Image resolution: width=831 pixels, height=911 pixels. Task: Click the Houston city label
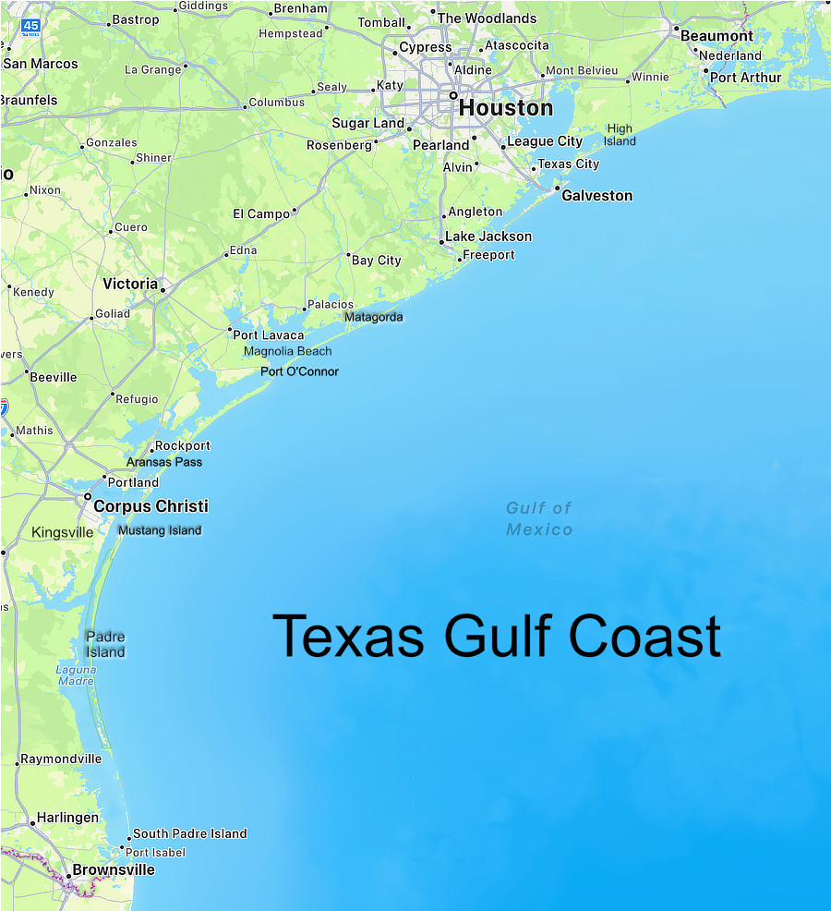tap(506, 108)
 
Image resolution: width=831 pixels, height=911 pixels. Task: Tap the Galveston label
tap(597, 196)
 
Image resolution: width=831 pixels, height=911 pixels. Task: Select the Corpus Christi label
tap(151, 506)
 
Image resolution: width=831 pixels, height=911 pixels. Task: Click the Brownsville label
tap(114, 870)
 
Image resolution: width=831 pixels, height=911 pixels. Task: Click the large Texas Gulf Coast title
tap(497, 637)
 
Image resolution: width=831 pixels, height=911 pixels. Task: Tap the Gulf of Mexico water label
tap(539, 519)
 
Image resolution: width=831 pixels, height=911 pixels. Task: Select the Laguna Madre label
tap(76, 675)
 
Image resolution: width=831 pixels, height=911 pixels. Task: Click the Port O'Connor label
tap(299, 371)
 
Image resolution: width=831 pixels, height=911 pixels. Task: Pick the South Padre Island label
tap(190, 833)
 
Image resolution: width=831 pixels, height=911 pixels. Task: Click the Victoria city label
tap(130, 284)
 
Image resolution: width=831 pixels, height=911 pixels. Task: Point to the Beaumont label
tap(717, 36)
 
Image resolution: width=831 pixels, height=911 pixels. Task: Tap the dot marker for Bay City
tap(349, 255)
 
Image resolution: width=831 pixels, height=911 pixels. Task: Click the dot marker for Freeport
tap(460, 260)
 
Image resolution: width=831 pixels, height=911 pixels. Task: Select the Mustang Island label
tap(160, 530)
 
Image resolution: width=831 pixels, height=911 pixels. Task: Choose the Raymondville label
tap(62, 759)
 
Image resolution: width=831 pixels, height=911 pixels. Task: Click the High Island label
tap(620, 135)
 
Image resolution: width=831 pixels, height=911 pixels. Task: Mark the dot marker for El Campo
tap(295, 211)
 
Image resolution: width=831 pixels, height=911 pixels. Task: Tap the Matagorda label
tap(373, 317)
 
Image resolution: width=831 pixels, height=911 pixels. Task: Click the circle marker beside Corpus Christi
tap(88, 496)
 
